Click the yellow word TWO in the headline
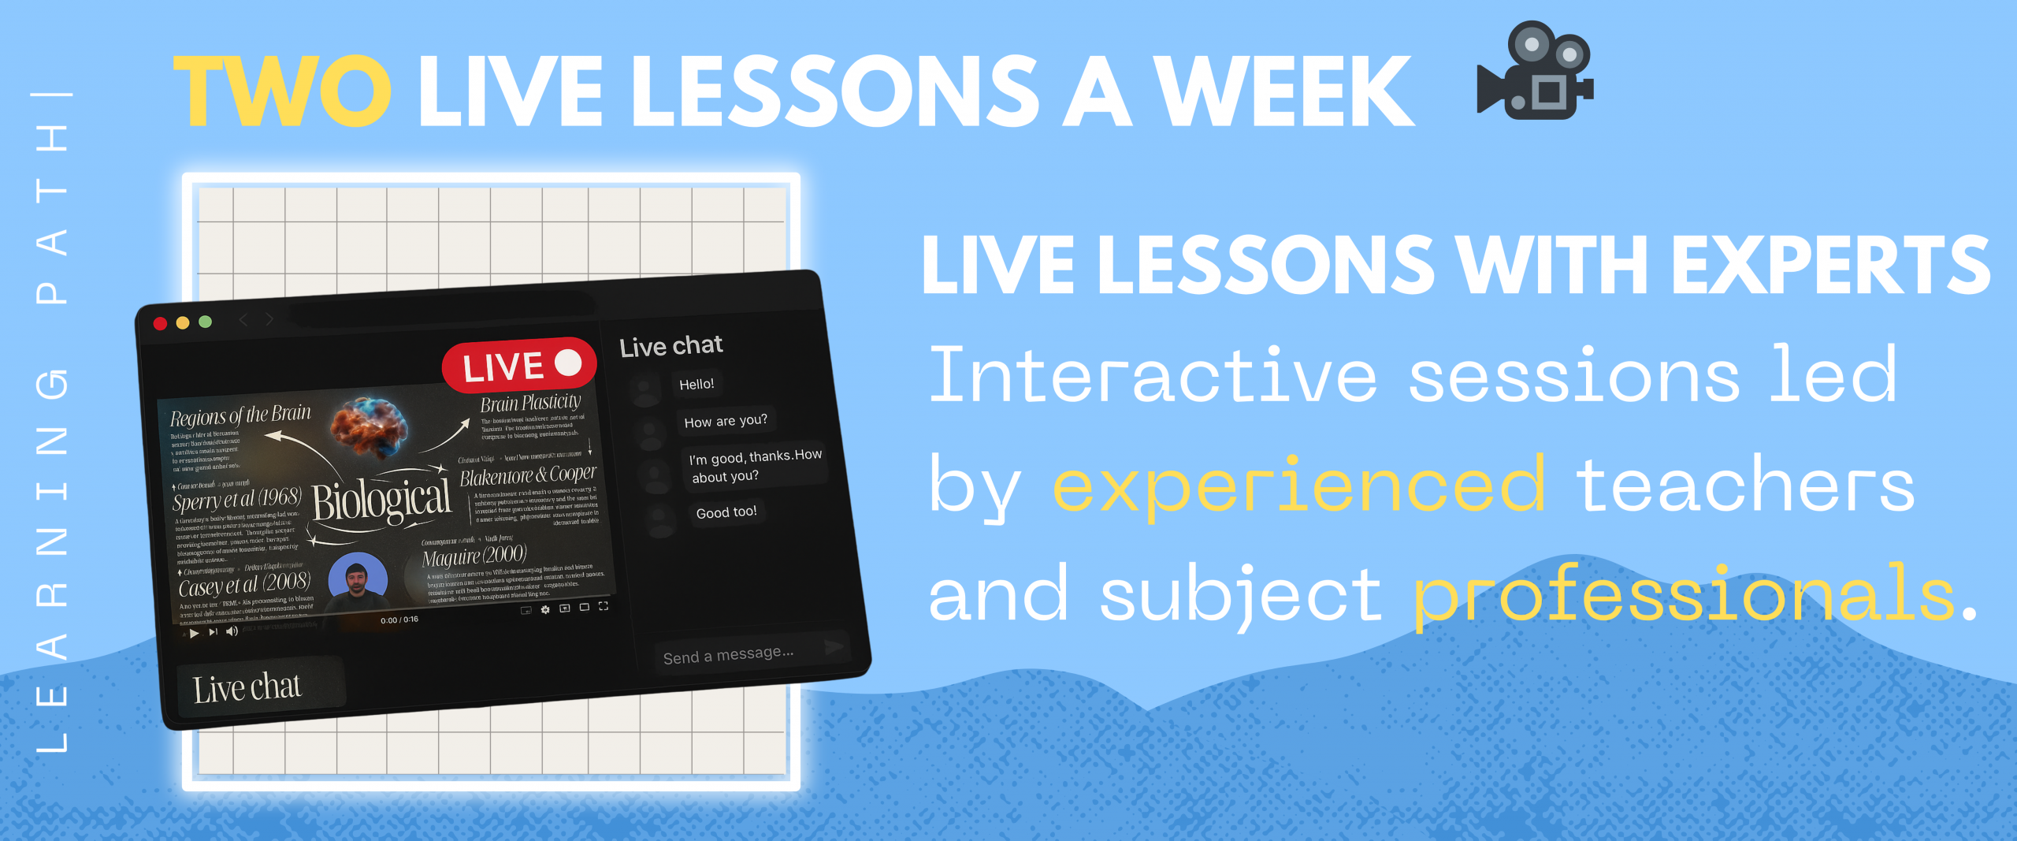[281, 91]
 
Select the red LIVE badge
[518, 366]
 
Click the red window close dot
[160, 323]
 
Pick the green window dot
[206, 322]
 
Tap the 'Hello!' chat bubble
[696, 384]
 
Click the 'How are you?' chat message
[725, 421]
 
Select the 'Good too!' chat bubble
[726, 512]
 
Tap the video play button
[194, 633]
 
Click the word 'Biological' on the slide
[381, 501]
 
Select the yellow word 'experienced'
[1298, 486]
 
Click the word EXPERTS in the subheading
[1830, 266]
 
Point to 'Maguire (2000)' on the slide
[474, 556]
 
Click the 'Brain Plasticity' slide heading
[530, 404]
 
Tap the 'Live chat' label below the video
[247, 688]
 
